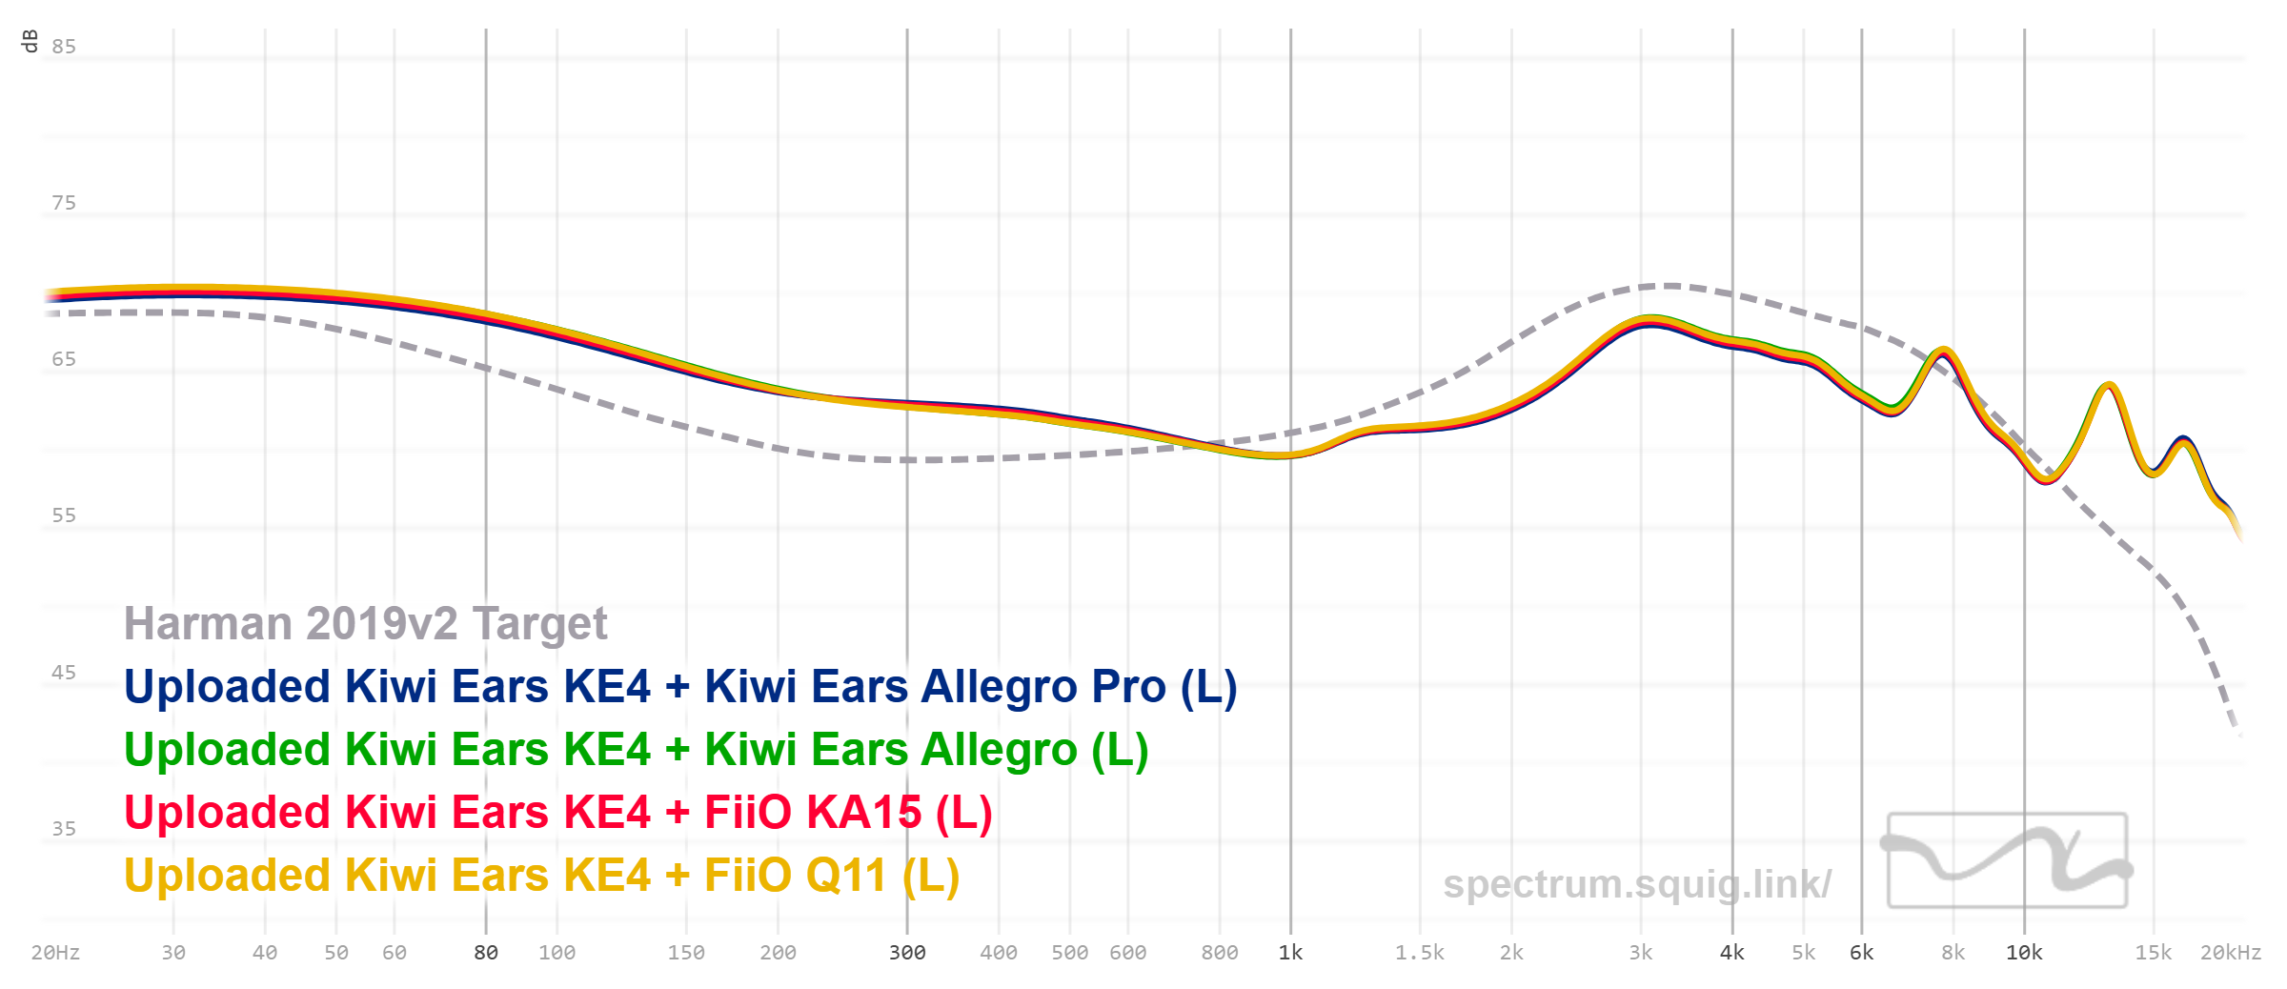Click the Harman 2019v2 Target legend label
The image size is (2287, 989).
365,624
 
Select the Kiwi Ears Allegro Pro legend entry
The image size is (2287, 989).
680,687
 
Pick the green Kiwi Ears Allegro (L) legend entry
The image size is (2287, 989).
636,750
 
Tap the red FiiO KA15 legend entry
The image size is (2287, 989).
558,813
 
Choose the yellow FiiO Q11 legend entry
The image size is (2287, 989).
541,876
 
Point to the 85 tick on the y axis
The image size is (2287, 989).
64,47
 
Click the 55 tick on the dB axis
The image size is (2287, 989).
64,515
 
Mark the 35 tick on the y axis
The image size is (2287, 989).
64,829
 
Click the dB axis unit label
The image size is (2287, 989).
30,41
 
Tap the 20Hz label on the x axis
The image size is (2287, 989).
55,953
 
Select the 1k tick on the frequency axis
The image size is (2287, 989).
1290,953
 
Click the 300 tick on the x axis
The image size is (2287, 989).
907,953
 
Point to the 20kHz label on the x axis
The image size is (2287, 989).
2230,953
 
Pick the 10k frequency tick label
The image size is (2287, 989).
2024,953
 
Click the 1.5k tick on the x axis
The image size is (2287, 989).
1420,953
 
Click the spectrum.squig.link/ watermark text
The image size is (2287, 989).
1636,884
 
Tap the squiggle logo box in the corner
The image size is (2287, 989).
2007,860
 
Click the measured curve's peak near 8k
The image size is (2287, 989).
1942,351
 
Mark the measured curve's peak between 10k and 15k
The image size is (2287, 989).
2110,385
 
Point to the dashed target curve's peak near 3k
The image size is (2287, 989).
1668,285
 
